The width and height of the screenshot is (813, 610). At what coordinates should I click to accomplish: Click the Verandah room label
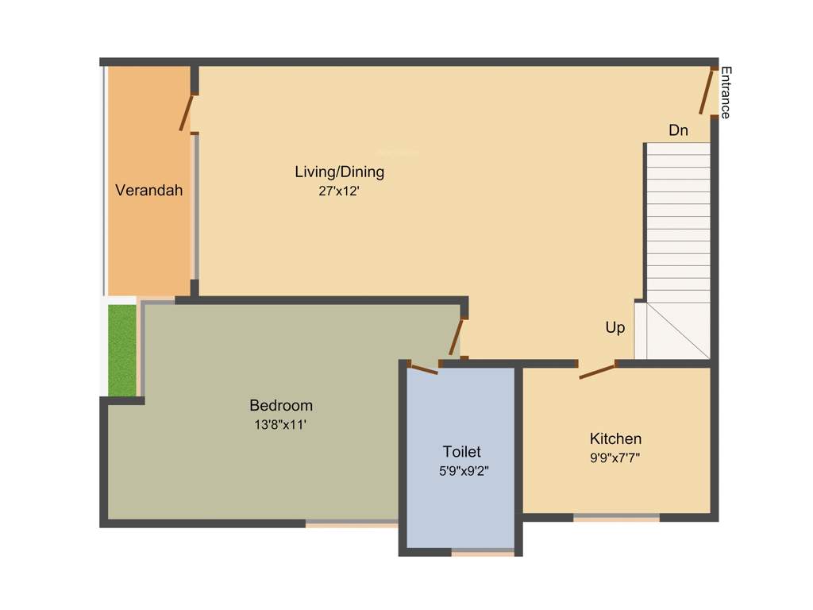[x=149, y=190]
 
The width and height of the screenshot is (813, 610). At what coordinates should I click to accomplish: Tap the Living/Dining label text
[x=339, y=172]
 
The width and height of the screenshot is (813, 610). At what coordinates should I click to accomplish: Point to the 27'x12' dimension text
[x=339, y=191]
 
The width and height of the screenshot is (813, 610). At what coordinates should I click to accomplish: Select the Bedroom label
[x=281, y=405]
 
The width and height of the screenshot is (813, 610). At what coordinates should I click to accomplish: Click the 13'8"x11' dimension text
[x=281, y=425]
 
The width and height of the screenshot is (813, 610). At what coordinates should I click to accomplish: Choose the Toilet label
[x=461, y=451]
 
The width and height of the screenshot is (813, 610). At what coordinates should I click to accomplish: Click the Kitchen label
[x=615, y=438]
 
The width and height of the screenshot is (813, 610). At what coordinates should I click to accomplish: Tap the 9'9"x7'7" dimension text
[x=615, y=457]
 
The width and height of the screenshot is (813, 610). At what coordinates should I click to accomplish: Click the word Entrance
[x=725, y=92]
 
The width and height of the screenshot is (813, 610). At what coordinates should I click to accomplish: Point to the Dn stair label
[x=678, y=130]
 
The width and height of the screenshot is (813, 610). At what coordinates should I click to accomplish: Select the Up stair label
[x=615, y=327]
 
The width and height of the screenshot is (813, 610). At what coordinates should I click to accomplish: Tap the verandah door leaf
[x=186, y=113]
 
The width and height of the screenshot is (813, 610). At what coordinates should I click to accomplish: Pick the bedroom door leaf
[x=456, y=337]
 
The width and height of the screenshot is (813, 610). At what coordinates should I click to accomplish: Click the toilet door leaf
[x=423, y=368]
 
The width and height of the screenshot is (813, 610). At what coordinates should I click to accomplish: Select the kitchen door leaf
[x=597, y=371]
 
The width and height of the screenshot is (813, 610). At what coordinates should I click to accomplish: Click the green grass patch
[x=122, y=349]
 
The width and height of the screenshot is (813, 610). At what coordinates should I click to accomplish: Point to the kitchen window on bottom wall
[x=616, y=518]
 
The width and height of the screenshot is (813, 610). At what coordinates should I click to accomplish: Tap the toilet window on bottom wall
[x=483, y=552]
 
